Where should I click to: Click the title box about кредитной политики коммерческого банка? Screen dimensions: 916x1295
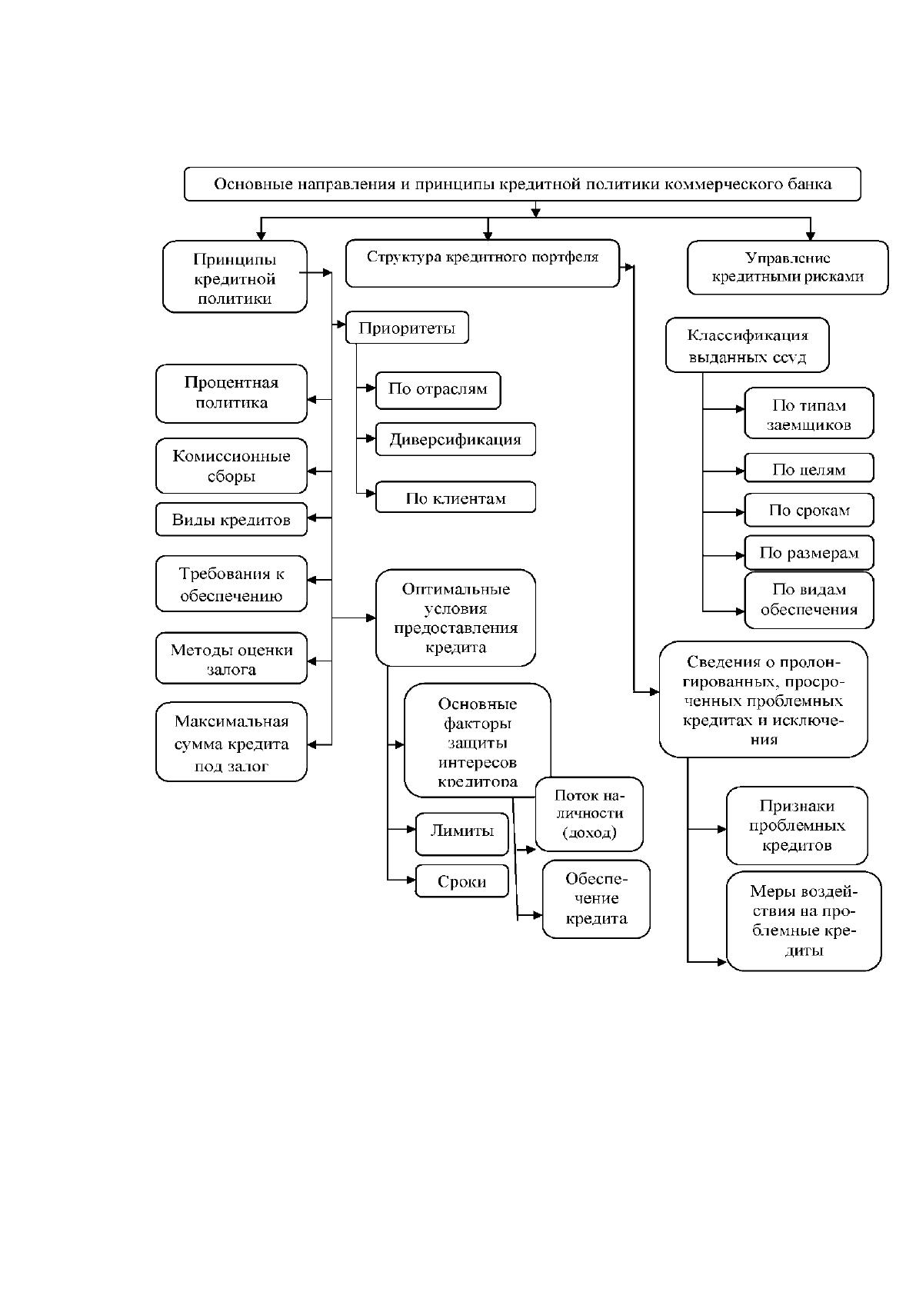pos(522,184)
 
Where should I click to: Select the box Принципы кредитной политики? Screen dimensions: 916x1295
pos(235,277)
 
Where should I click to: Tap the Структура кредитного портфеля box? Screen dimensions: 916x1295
pos(482,264)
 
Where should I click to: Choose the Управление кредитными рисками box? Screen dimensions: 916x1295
pos(788,268)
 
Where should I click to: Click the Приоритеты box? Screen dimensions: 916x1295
pos(407,328)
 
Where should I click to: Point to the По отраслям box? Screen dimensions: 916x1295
pos(438,390)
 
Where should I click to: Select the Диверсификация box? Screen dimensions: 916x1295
pos(455,439)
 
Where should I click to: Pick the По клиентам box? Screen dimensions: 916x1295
pos(455,498)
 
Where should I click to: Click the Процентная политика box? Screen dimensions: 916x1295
pos(231,393)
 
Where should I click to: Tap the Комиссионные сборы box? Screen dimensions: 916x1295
pos(231,466)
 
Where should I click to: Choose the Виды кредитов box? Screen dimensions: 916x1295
pos(231,520)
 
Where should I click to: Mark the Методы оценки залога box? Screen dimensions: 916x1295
pos(231,658)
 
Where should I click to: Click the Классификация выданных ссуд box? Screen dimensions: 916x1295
pos(747,345)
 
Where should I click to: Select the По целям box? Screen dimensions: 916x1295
pos(808,468)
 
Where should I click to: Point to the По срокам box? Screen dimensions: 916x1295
pos(808,510)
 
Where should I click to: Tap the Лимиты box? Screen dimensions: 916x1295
pos(461,834)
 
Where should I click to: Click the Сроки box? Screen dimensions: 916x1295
pos(461,881)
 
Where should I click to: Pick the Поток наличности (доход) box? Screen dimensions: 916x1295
pos(589,814)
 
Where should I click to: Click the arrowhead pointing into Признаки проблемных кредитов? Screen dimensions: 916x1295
pos(721,830)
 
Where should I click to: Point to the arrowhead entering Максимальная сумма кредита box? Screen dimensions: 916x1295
pos(311,744)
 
